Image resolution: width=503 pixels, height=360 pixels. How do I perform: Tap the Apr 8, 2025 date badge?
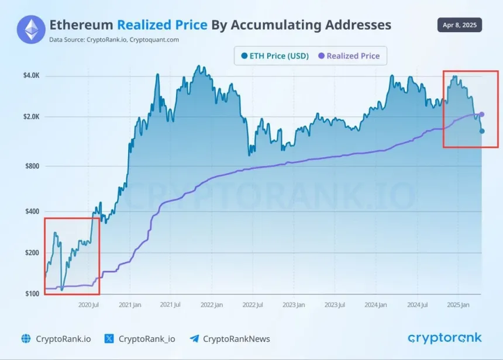[460, 25]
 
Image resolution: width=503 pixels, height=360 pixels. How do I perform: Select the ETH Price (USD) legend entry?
[275, 56]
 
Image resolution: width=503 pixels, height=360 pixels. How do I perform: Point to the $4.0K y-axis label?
[30, 75]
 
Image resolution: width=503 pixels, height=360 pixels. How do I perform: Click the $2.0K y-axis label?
[30, 117]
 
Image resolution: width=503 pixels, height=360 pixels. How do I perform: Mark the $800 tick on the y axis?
[32, 166]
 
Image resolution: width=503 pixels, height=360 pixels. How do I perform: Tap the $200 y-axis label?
[32, 252]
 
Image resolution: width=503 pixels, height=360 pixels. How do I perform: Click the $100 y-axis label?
[32, 293]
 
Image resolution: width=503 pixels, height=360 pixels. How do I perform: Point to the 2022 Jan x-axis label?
[211, 304]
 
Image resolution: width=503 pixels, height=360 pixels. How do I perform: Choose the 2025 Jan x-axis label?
[458, 304]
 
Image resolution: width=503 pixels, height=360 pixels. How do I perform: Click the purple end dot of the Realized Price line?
[482, 114]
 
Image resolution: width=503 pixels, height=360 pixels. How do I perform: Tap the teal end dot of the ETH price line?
[482, 131]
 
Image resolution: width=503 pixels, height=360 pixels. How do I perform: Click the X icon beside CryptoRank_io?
[109, 338]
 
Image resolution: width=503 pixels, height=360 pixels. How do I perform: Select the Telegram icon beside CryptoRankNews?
[194, 338]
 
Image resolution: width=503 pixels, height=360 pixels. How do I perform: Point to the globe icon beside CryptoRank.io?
[26, 338]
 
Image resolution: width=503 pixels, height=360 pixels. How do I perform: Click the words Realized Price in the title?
[162, 25]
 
